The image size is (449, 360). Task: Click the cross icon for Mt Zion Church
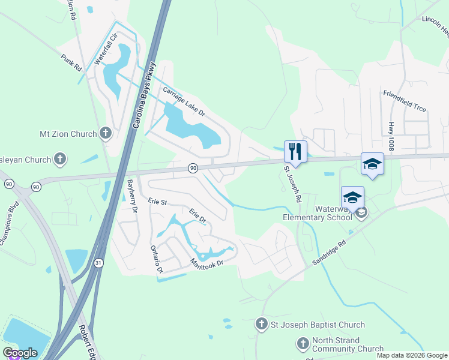point(106,133)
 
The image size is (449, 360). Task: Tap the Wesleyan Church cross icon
point(59,159)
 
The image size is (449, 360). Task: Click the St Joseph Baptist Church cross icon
point(261,325)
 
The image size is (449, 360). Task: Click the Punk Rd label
point(71,62)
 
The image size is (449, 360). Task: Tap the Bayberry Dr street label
point(133,197)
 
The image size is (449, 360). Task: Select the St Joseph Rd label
point(293,183)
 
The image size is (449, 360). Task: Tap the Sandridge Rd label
point(330,252)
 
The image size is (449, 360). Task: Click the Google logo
point(20,353)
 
